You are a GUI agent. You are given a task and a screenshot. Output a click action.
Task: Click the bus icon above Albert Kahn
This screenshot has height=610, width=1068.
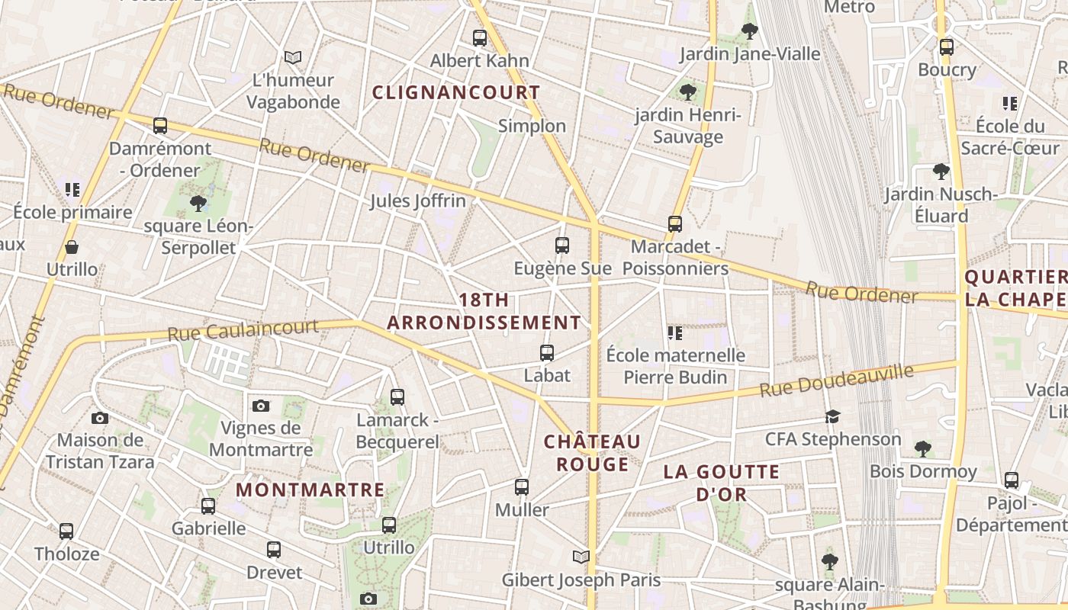point(480,37)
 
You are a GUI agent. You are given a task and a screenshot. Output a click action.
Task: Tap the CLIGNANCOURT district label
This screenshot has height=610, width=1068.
point(456,93)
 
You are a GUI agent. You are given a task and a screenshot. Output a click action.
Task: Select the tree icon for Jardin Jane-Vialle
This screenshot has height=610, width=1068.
point(750,31)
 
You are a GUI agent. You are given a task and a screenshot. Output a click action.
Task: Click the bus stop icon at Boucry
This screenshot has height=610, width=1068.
point(947,47)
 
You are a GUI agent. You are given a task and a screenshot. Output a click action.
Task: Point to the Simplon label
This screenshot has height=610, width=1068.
point(532,126)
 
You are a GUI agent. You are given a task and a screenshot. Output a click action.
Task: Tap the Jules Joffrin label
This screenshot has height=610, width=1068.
point(417,201)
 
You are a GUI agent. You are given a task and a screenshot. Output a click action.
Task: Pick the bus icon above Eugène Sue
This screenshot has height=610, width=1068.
point(562,246)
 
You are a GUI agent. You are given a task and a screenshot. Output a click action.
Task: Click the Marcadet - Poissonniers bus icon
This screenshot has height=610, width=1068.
point(675,224)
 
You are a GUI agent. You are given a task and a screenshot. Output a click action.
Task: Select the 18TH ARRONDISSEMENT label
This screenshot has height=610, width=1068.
point(484,311)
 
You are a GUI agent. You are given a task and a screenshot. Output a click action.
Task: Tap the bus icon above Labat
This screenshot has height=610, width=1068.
point(547,353)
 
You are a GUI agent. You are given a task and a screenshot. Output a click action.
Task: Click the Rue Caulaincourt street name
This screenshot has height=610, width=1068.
point(243,330)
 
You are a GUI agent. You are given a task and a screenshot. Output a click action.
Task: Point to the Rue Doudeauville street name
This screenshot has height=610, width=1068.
point(836,380)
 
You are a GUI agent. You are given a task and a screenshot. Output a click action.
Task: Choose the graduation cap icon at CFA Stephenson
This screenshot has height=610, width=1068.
point(832,417)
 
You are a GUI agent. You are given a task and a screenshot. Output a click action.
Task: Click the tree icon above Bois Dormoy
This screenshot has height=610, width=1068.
point(923,448)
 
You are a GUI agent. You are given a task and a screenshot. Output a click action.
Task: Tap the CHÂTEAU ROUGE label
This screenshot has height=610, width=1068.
point(592,453)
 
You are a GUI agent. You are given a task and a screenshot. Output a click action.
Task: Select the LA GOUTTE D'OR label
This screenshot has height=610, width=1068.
point(722,483)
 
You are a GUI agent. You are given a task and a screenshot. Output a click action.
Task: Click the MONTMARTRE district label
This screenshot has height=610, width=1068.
point(310,490)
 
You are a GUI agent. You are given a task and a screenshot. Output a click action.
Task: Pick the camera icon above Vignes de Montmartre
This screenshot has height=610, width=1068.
point(261,406)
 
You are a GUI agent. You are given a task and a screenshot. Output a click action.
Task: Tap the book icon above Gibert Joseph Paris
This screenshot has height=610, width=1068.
point(581,557)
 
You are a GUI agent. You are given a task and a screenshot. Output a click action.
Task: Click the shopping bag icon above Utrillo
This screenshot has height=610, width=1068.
point(72,247)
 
